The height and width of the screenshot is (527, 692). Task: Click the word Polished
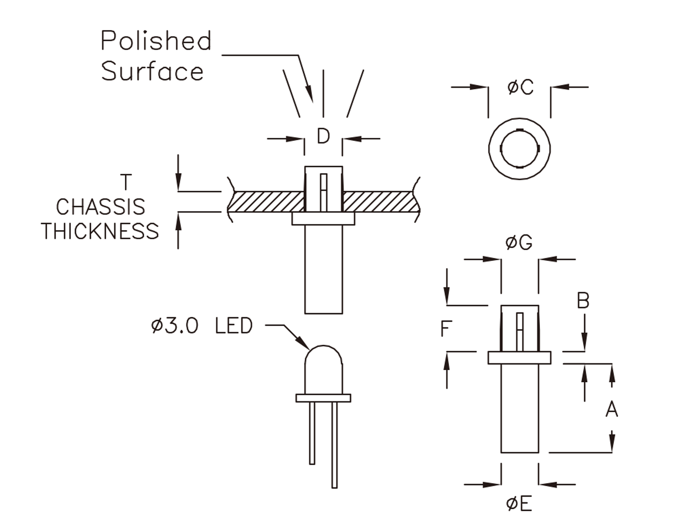pyautogui.click(x=156, y=41)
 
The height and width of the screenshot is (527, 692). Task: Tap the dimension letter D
pyautogui.click(x=323, y=137)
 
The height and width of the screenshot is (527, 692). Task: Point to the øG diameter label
pyautogui.click(x=519, y=243)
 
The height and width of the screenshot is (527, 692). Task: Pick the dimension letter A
pyautogui.click(x=612, y=409)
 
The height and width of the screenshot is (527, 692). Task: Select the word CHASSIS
pyautogui.click(x=100, y=207)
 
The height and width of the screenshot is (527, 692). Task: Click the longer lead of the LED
pyautogui.click(x=334, y=445)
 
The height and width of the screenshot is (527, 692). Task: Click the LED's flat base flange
pyautogui.click(x=323, y=398)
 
